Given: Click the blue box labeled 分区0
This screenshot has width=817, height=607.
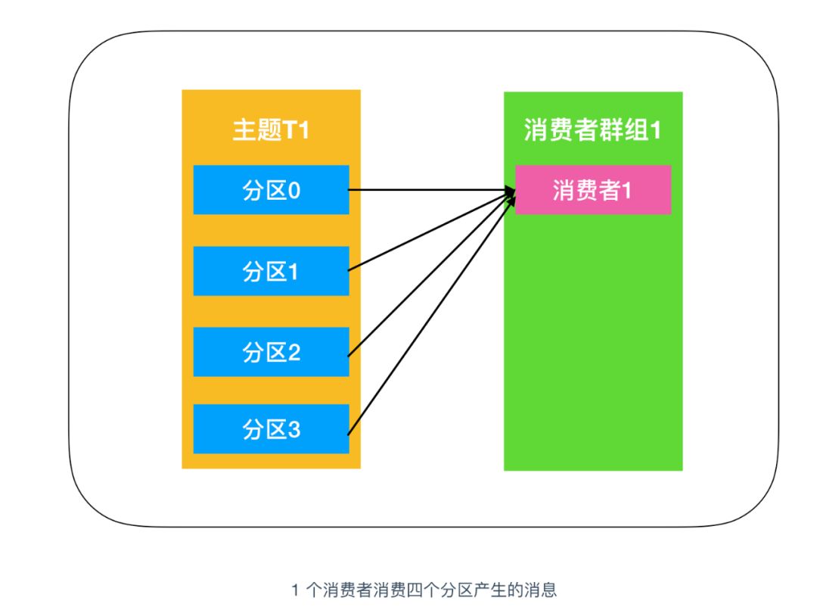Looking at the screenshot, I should [x=271, y=190].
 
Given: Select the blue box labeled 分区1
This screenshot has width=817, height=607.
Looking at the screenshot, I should [x=271, y=271].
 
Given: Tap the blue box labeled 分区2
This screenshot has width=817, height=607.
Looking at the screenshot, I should [x=271, y=352].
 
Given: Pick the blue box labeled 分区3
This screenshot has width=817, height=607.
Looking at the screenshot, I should [x=271, y=429].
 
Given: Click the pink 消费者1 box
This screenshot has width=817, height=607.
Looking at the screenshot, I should [x=593, y=190].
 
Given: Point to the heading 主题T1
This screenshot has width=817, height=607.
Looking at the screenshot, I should [x=271, y=130].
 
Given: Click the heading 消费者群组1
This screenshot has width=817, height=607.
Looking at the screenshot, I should [x=593, y=130].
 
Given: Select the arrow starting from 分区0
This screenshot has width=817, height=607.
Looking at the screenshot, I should [x=424, y=190].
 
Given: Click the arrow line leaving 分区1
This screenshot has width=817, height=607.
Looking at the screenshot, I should [x=424, y=234].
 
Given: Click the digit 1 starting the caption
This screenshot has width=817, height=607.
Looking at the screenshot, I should [x=295, y=590].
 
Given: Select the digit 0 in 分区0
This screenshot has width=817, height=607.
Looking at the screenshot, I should [x=294, y=190].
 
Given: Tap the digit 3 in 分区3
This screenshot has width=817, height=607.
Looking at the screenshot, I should [x=294, y=430].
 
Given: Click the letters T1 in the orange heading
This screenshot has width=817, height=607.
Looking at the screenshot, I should [x=296, y=130].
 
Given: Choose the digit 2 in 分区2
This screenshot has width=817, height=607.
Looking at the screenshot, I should [x=294, y=352].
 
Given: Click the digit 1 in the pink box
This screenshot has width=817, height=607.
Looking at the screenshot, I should [x=626, y=190].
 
